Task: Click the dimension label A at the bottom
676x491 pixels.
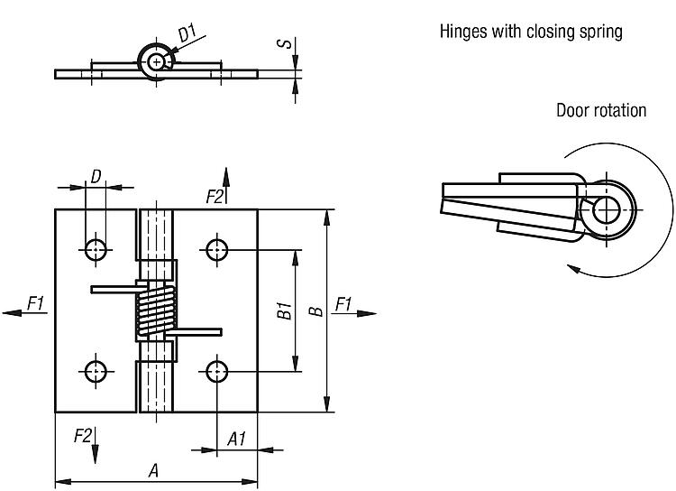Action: (154, 469)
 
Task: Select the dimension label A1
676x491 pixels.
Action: (236, 440)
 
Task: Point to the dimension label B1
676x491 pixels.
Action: (283, 311)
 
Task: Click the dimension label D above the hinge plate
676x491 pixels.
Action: (95, 176)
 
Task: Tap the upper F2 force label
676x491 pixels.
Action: (215, 196)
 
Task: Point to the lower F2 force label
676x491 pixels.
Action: (83, 436)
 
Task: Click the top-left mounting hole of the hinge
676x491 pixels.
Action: (96, 248)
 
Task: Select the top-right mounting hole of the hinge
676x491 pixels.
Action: (216, 248)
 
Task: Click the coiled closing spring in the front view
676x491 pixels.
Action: (156, 309)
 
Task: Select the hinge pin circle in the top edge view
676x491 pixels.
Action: (159, 60)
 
